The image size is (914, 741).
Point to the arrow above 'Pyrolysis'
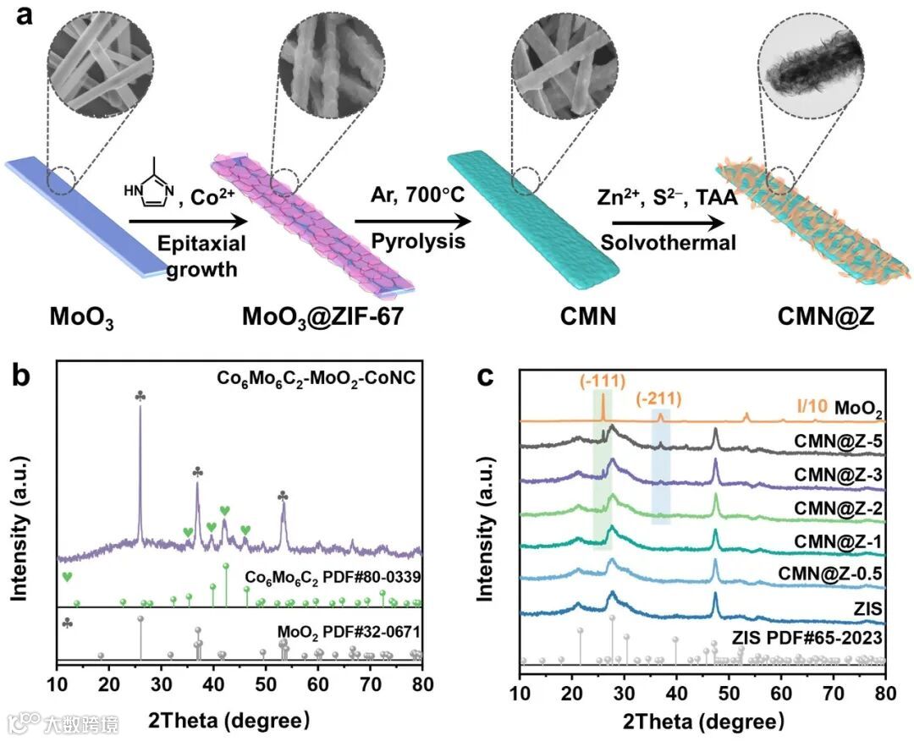[x=412, y=222]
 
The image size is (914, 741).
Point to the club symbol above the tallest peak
[x=140, y=397]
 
